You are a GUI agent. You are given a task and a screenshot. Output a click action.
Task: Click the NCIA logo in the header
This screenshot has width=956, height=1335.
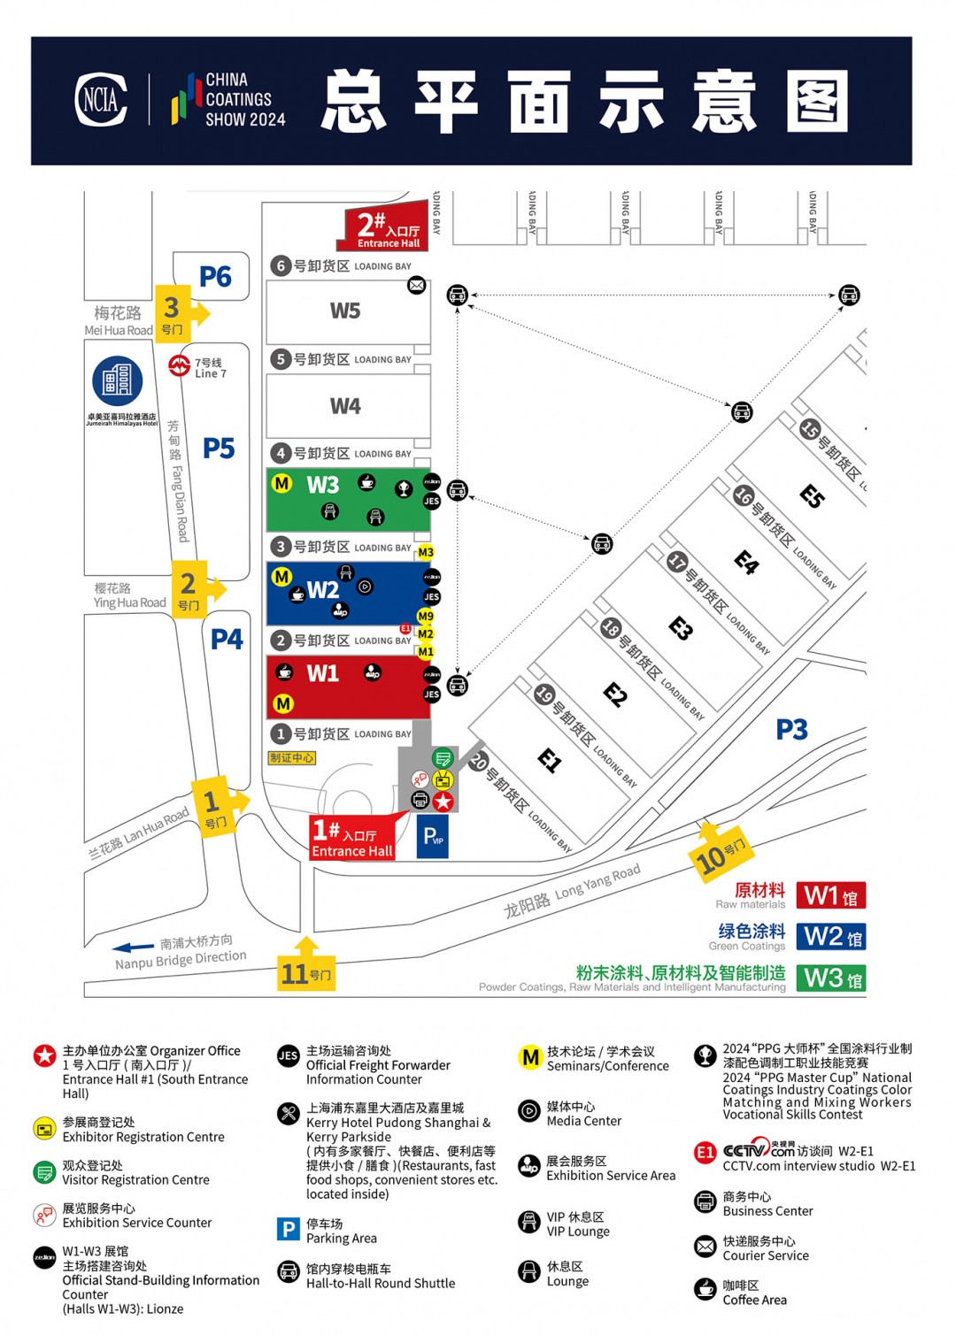101,99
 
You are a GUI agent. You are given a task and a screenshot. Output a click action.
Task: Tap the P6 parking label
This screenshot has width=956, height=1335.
215,277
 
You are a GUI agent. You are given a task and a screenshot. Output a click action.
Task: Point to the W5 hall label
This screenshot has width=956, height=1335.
345,311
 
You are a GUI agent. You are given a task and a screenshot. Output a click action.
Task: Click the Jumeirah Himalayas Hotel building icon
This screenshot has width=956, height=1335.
118,380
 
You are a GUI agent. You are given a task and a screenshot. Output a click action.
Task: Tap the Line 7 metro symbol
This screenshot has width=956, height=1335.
180,364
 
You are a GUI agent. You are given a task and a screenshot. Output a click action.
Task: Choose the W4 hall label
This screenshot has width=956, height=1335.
345,406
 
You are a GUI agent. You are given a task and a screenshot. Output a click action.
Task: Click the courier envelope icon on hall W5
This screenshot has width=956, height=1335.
416,285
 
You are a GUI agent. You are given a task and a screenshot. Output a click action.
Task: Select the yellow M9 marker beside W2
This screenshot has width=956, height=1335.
426,616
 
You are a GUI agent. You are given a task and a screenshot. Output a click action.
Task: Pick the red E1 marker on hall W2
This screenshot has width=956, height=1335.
405,629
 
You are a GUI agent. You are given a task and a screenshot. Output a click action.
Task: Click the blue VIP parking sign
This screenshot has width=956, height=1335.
433,836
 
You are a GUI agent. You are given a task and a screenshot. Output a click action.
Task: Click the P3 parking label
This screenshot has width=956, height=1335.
791,730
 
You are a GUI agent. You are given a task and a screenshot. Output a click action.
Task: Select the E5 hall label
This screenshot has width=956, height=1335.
812,495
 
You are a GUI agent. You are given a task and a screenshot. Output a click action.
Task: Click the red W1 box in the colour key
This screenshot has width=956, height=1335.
830,895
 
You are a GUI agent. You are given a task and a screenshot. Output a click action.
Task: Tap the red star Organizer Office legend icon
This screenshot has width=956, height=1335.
44,1055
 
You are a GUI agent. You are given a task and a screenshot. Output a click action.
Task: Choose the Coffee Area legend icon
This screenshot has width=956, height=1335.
705,1289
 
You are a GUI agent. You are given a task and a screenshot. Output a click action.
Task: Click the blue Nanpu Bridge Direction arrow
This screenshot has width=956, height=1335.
134,948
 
